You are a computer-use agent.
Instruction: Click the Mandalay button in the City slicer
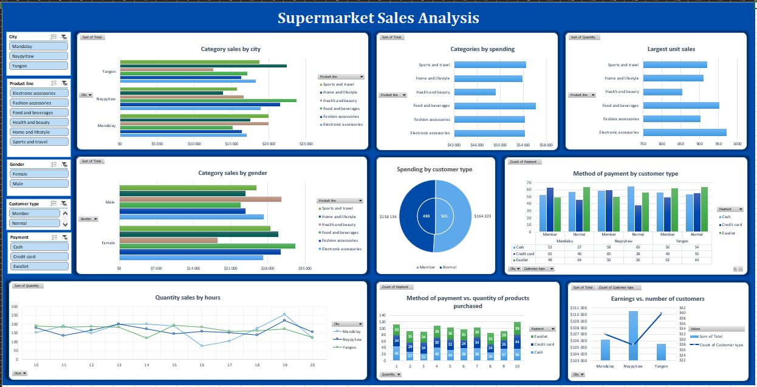(39, 46)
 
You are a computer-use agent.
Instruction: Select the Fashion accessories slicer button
(39, 103)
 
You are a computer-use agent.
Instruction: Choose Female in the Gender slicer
(39, 174)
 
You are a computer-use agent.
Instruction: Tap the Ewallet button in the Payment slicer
(39, 266)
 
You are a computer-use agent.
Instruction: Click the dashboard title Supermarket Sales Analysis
(378, 18)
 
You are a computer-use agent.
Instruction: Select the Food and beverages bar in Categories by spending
(495, 106)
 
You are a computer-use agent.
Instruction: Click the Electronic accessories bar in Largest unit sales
(685, 132)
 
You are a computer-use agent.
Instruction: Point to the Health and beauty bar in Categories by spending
(474, 92)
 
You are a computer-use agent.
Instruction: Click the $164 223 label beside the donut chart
(482, 216)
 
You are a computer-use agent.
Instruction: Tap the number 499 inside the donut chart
(426, 216)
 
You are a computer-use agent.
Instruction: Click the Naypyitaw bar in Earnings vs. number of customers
(633, 335)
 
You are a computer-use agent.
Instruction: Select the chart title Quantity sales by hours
(188, 298)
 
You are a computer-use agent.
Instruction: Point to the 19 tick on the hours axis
(284, 365)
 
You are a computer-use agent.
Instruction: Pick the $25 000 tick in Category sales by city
(306, 144)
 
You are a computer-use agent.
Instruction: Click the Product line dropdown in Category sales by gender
(340, 200)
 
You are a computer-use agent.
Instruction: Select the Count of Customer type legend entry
(720, 344)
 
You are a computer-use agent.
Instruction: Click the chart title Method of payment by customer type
(625, 174)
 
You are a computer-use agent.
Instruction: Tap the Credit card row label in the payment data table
(526, 253)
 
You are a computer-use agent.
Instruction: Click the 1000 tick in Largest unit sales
(737, 144)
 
